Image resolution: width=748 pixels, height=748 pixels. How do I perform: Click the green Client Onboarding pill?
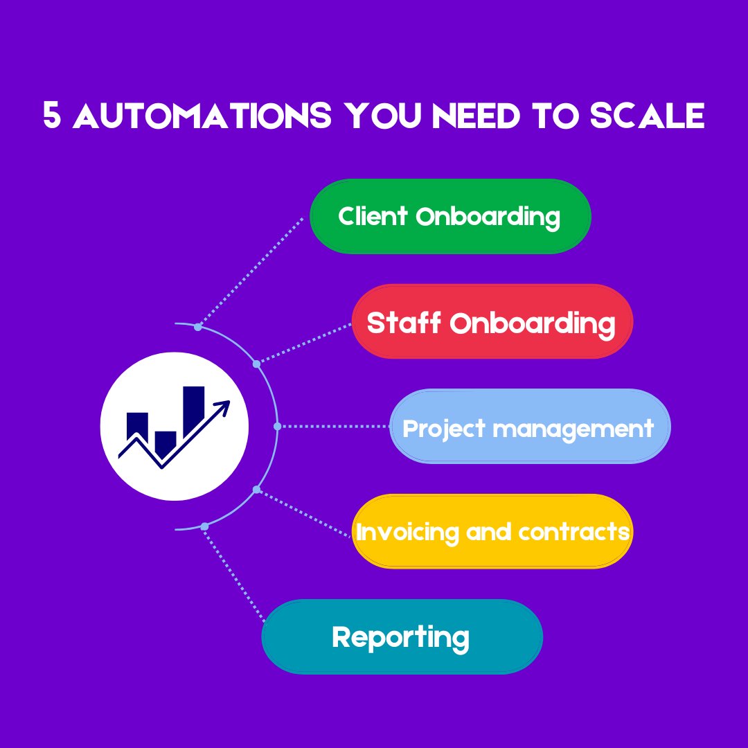[x=450, y=217]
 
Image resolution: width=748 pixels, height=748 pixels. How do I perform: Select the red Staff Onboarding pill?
[x=492, y=322]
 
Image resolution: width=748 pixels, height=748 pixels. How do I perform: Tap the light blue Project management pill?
[x=530, y=427]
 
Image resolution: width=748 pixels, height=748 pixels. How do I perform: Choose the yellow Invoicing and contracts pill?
[x=492, y=531]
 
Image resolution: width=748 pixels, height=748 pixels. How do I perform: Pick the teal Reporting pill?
[x=402, y=636]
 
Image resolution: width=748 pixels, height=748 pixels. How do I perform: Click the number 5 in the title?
[x=52, y=116]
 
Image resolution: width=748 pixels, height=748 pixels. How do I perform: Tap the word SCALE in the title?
[x=647, y=116]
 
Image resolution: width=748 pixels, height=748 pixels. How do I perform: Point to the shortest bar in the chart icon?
[x=166, y=442]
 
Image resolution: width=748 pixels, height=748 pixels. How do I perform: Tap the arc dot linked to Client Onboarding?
[x=198, y=327]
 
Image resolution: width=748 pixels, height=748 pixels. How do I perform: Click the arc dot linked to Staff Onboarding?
[x=256, y=364]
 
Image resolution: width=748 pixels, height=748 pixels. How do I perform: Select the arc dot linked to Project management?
[x=277, y=426]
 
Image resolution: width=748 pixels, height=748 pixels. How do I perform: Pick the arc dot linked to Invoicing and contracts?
[x=256, y=490]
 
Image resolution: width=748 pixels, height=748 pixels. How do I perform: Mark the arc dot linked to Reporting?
[x=204, y=526]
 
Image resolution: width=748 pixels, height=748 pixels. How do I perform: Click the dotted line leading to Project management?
[x=332, y=427]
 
